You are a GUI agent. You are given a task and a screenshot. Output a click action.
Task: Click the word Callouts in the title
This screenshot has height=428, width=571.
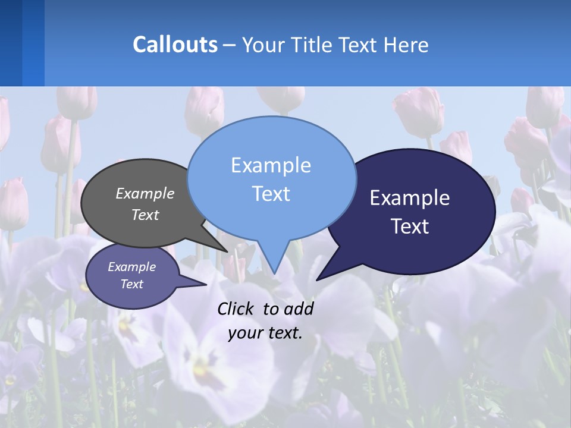175,45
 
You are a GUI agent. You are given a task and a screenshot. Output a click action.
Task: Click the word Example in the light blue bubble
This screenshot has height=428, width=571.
271,165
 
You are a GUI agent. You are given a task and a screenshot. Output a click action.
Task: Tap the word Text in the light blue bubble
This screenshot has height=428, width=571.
271,194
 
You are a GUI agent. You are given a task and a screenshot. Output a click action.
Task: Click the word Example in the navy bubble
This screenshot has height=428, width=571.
410,198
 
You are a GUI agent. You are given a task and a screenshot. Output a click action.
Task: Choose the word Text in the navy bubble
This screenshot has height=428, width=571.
410,226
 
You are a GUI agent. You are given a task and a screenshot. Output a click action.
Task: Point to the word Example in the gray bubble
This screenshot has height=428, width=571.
145,193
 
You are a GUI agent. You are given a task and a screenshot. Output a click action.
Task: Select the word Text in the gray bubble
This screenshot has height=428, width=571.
145,215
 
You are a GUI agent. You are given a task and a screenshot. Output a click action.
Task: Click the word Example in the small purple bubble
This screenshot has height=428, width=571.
131,267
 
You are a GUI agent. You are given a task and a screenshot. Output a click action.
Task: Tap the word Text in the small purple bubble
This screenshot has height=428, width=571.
131,284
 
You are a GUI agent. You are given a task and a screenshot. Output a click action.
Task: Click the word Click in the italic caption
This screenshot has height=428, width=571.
236,309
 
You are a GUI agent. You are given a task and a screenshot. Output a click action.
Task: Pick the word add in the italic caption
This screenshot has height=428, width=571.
299,309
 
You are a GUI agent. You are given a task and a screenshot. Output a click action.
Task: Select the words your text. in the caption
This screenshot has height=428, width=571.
265,333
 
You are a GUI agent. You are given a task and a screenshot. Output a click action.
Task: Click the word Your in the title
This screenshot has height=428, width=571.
262,45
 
